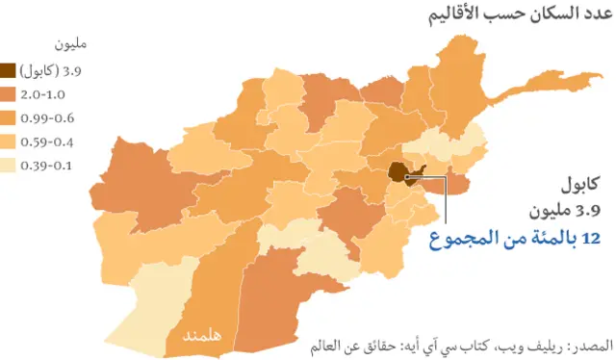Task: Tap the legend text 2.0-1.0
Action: [45, 94]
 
